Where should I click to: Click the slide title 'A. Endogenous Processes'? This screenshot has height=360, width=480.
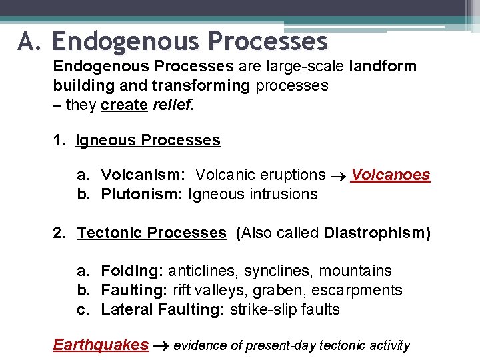coord(173,41)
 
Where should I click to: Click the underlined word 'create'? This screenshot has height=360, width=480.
coord(124,105)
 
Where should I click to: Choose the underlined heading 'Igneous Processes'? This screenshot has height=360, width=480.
coord(148,140)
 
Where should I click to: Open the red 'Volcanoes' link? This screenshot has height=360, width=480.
coord(391,175)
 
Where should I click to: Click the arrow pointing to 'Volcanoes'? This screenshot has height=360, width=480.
coord(338,176)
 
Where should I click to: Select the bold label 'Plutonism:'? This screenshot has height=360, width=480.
coord(142,194)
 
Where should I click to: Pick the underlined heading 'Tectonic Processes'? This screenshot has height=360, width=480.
coord(152,233)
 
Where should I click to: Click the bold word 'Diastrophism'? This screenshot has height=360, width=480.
coord(374,233)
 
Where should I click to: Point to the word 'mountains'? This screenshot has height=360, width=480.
coord(355,271)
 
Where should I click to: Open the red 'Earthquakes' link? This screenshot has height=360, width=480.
coord(101,345)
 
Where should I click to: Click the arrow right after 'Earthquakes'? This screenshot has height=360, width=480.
coord(161,346)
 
